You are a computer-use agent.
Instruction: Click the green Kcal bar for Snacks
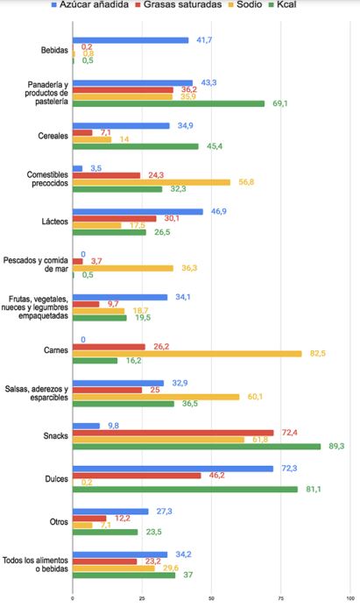coord(196,446)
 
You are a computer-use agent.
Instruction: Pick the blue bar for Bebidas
coord(131,40)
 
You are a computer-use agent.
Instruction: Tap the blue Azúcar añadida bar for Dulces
coord(173,469)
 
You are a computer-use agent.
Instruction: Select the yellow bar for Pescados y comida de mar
coord(123,268)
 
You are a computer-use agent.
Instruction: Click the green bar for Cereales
coord(136,146)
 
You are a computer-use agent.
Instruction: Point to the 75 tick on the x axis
coord(280,599)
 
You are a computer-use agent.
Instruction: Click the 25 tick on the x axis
coord(142,599)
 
